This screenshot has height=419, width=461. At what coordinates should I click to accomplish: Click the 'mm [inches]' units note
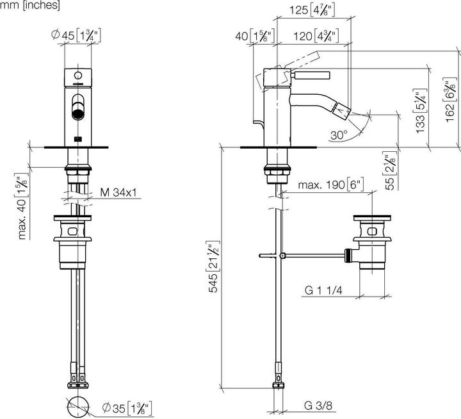[30, 6]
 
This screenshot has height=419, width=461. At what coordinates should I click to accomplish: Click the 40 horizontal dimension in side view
[252, 36]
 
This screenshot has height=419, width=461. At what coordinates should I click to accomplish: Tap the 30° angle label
[340, 135]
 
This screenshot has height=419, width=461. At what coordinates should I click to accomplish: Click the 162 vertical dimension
[448, 96]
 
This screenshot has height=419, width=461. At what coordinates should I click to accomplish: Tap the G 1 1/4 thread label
[323, 291]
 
